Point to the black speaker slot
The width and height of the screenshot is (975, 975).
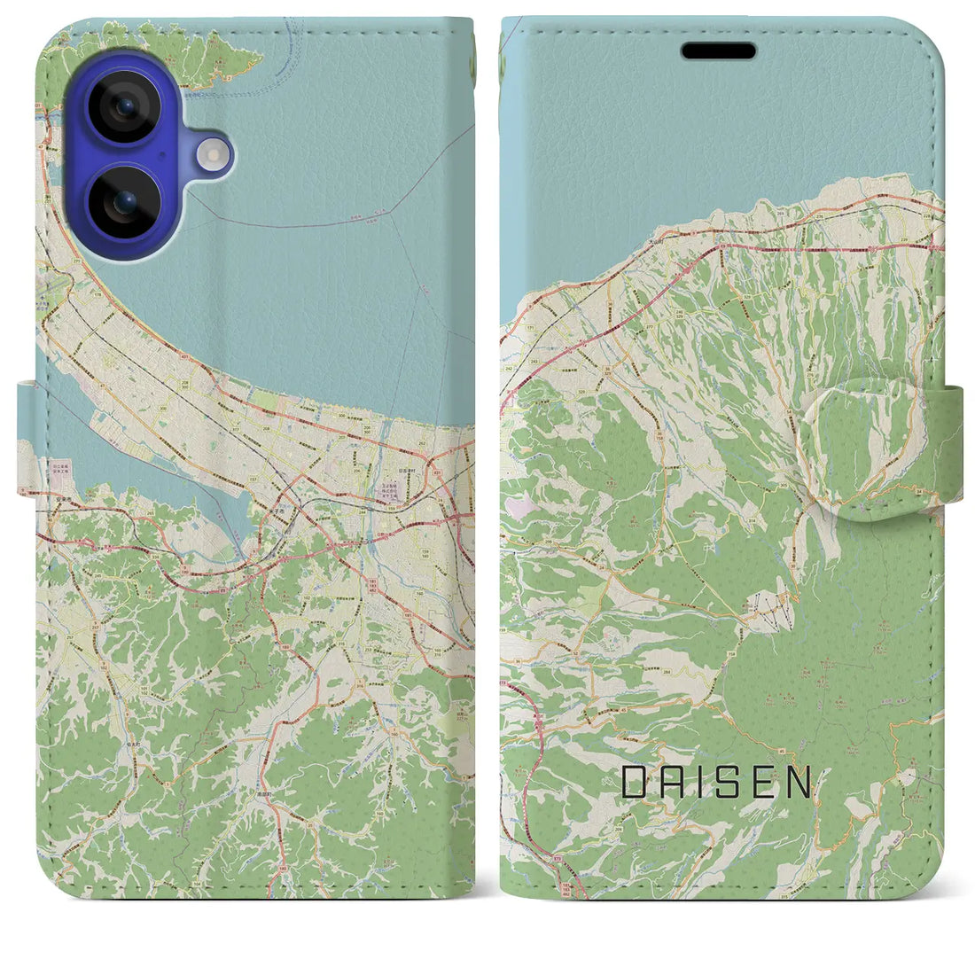coord(718,51)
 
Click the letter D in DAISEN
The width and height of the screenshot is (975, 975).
coord(634,783)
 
